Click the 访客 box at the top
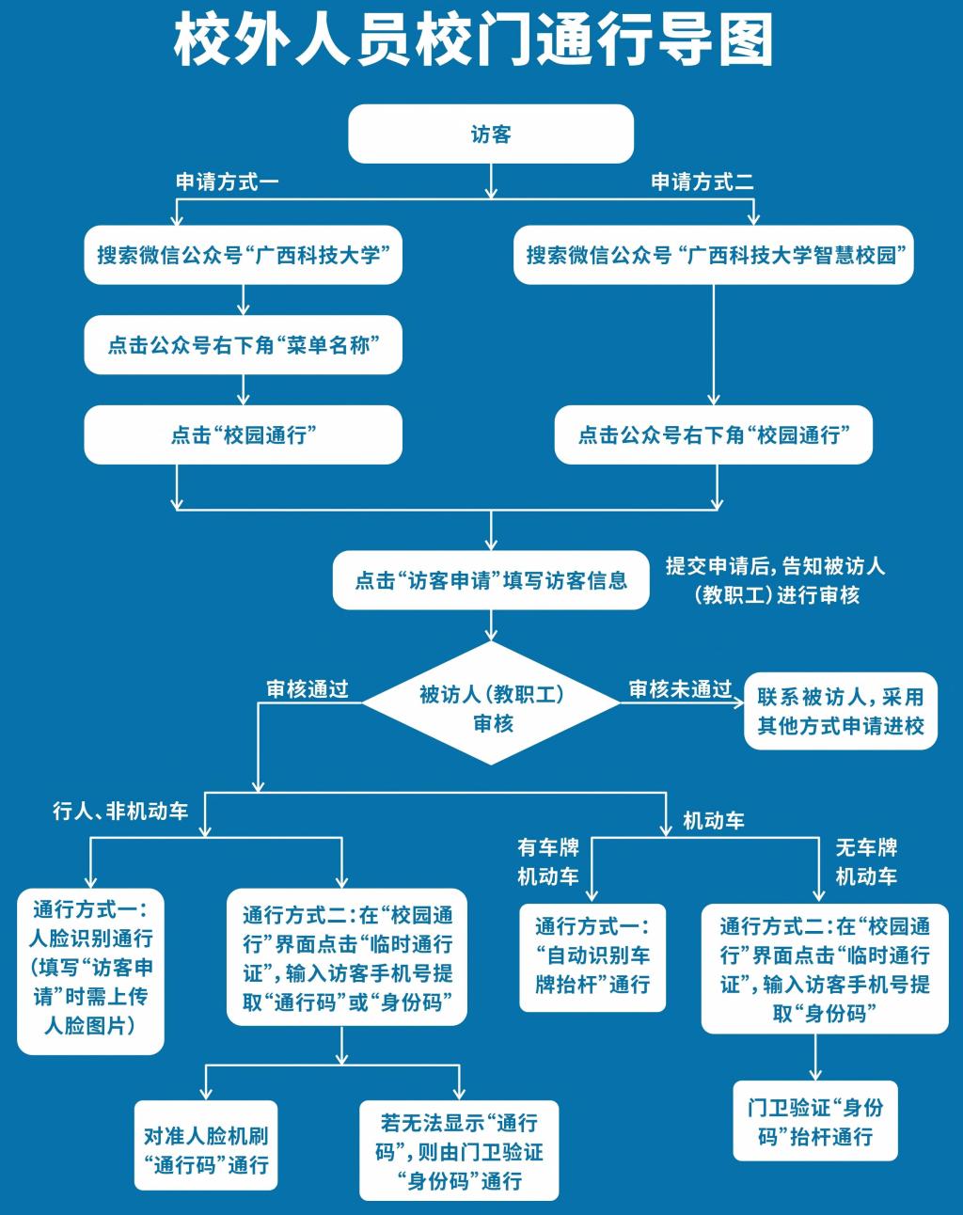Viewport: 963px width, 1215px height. tap(491, 134)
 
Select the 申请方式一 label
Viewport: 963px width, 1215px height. tap(228, 181)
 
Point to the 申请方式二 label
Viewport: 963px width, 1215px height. tap(703, 181)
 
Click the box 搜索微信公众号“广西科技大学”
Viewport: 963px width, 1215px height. tap(244, 255)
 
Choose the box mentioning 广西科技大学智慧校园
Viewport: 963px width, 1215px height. tap(714, 255)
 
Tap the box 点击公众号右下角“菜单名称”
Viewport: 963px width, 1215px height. tap(244, 345)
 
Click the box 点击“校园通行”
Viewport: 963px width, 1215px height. tap(244, 435)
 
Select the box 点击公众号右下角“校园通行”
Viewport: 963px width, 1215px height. tap(714, 435)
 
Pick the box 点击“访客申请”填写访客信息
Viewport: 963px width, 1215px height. tap(491, 580)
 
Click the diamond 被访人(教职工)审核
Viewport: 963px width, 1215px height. tap(492, 708)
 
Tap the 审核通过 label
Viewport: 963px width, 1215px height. tap(308, 689)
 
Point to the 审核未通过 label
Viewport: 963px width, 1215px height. tap(680, 689)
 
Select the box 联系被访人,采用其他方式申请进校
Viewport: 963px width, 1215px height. tap(841, 711)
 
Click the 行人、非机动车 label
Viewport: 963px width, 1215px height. tap(120, 811)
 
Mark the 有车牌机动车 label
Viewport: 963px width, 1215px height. tap(548, 861)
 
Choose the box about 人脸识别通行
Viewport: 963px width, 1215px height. tap(90, 969)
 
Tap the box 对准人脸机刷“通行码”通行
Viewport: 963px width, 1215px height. tap(206, 1149)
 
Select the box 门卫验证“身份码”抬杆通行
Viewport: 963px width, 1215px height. tap(815, 1121)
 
